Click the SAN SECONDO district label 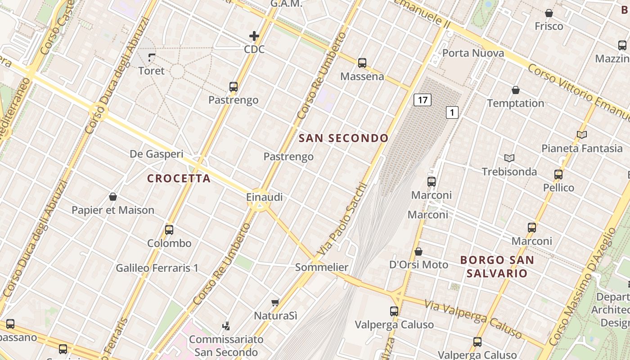tap(343, 138)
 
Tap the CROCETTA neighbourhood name tap(179, 179)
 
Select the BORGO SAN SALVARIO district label tap(497, 266)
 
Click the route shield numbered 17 tap(422, 100)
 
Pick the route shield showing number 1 tap(452, 112)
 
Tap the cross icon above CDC tap(254, 36)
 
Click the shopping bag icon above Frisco tap(549, 13)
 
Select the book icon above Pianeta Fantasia tap(581, 135)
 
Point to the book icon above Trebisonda tap(509, 158)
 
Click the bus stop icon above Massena tap(362, 63)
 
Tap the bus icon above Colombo tap(169, 230)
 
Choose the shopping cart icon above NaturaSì tap(275, 303)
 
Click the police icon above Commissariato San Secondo tap(226, 326)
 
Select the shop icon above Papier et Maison tap(113, 197)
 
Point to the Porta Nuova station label tap(473, 53)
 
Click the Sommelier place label tap(321, 267)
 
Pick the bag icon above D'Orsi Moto tap(418, 252)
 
